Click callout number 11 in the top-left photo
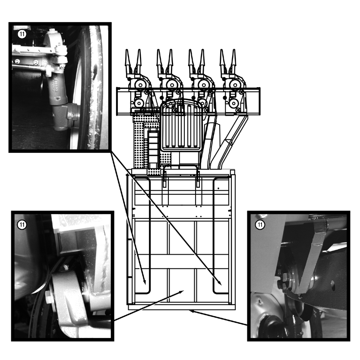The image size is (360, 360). (x=22, y=35)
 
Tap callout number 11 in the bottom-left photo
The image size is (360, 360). (x=22, y=224)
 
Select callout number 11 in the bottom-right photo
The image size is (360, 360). (x=260, y=224)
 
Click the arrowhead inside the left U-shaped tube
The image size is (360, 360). (x=145, y=282)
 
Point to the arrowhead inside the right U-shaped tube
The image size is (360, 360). (x=219, y=282)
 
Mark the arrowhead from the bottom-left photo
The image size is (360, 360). (x=181, y=292)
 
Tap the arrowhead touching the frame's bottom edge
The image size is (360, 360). (x=192, y=311)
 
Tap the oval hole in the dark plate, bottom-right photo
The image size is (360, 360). (x=333, y=287)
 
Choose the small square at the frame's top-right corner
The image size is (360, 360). (x=232, y=172)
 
